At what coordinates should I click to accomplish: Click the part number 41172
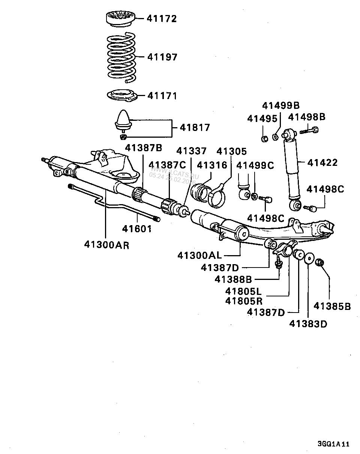click(162, 18)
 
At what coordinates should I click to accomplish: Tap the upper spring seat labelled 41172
click(120, 19)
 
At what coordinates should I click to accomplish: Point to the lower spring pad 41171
click(121, 96)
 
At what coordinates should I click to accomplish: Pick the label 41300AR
click(106, 245)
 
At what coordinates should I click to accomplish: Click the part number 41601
click(137, 228)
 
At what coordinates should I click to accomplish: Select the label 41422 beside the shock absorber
click(322, 162)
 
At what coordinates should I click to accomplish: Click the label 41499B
click(281, 105)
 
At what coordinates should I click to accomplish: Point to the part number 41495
click(262, 119)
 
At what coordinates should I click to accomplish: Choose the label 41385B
click(332, 306)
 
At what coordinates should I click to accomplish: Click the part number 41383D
click(308, 323)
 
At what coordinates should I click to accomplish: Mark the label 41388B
click(233, 279)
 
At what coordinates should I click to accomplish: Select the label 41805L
click(243, 291)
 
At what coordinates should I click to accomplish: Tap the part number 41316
click(212, 165)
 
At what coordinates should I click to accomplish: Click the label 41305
click(232, 152)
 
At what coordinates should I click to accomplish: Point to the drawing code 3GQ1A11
click(333, 444)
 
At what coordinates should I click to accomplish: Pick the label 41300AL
click(199, 256)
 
